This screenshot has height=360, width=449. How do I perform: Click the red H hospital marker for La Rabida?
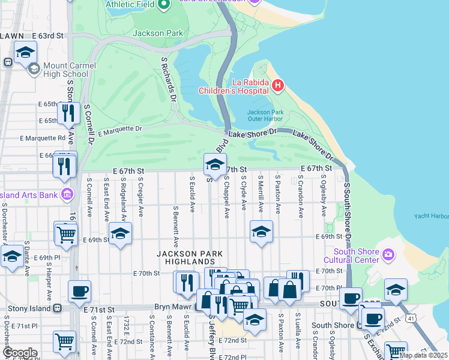click(277, 86)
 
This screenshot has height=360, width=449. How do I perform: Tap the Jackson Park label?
click(157, 34)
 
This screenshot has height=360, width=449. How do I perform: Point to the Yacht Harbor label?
click(431, 217)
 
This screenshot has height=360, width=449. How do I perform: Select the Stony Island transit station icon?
click(58, 308)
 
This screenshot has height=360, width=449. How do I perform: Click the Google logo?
click(20, 352)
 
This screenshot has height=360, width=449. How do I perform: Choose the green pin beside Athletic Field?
click(163, 5)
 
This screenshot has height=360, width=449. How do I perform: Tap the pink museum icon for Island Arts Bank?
click(67, 194)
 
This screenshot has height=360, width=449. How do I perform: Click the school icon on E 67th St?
click(215, 164)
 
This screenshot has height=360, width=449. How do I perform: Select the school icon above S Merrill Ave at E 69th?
click(261, 231)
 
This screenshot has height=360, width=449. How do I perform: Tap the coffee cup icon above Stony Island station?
click(79, 292)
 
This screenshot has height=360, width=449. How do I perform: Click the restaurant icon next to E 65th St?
click(68, 112)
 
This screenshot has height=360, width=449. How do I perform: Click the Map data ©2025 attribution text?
click(423, 355)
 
